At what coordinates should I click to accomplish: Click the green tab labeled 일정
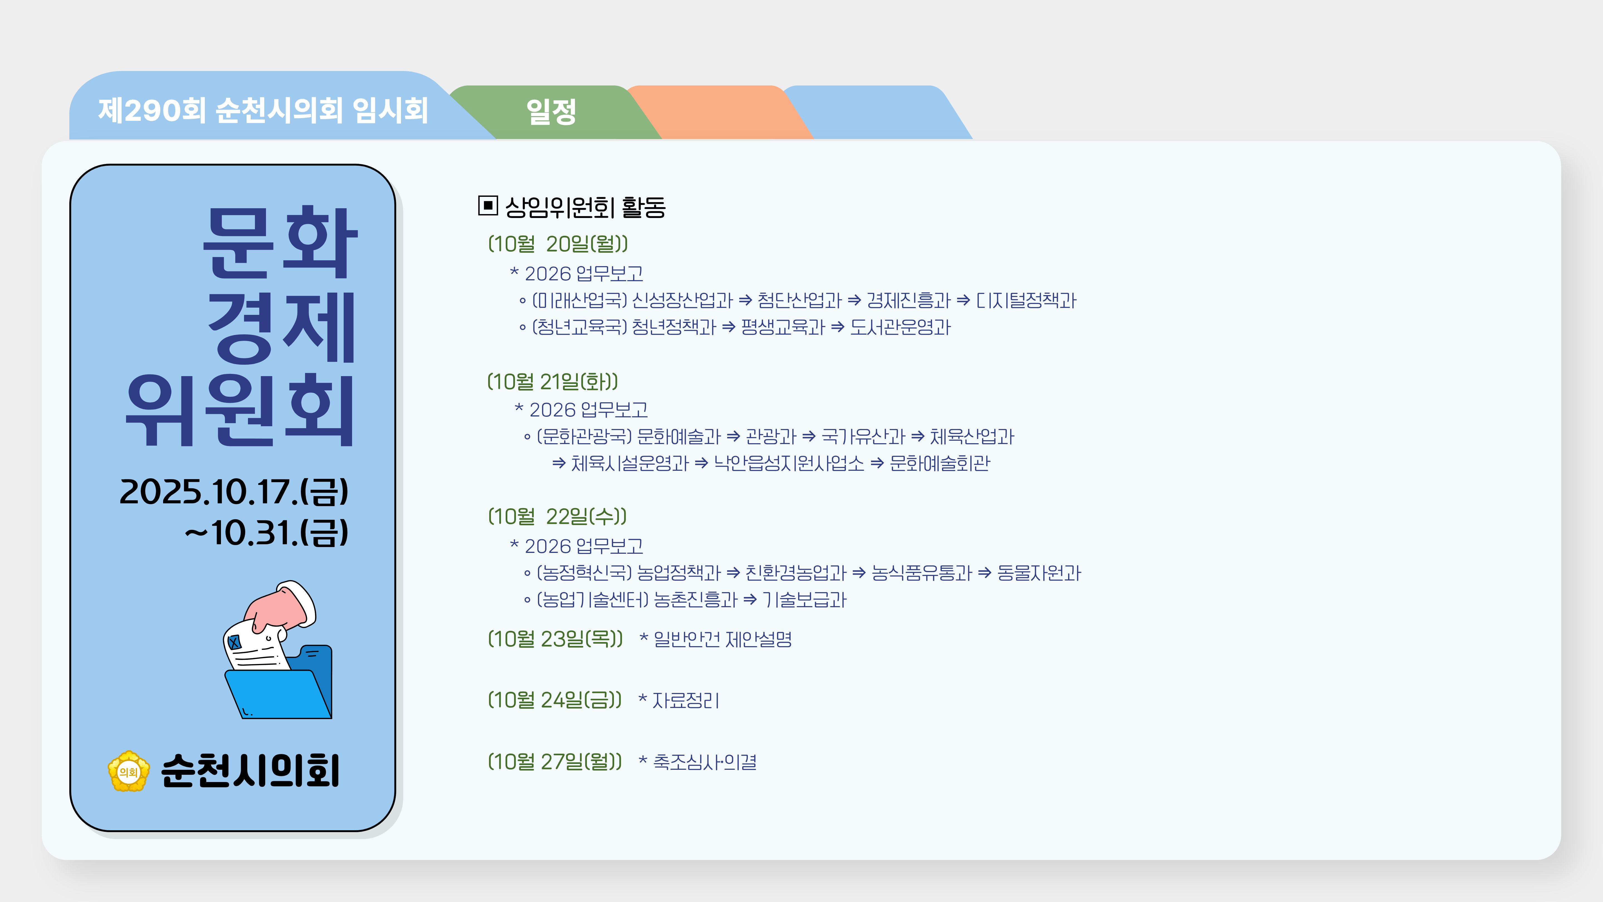pyautogui.click(x=551, y=112)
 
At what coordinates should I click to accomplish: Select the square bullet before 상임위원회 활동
pyautogui.click(x=488, y=205)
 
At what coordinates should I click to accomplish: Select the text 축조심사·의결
pyautogui.click(x=704, y=761)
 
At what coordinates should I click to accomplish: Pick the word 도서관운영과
pyautogui.click(x=901, y=327)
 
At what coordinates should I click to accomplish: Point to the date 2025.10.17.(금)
pyautogui.click(x=234, y=492)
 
